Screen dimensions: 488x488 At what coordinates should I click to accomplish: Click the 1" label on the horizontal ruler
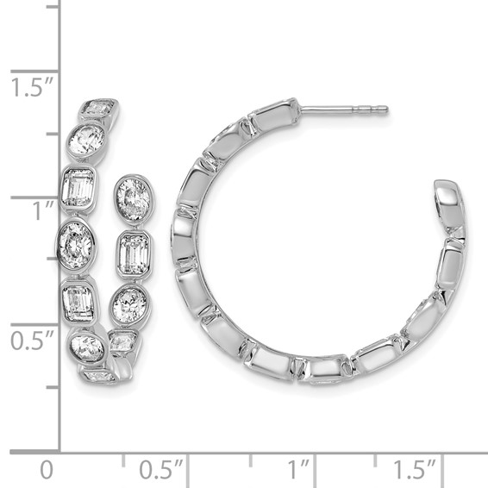point(299,471)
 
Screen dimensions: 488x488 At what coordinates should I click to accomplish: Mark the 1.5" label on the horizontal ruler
point(416,471)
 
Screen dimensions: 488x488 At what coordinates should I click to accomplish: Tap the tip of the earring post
point(385,110)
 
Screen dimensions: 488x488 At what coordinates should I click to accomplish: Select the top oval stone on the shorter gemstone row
point(134,199)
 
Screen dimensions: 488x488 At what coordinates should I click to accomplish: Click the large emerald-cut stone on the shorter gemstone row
point(134,253)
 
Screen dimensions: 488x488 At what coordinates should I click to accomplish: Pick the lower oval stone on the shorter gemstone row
point(130,304)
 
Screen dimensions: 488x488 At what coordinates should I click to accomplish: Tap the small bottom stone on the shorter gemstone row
point(121,342)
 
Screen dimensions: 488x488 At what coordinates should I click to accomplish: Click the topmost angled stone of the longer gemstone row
point(98,109)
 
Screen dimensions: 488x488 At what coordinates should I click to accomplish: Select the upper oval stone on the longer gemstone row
point(86,141)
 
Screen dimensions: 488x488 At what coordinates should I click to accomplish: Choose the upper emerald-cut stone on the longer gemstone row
point(78,188)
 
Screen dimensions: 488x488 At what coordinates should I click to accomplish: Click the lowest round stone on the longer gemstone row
point(87,347)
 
